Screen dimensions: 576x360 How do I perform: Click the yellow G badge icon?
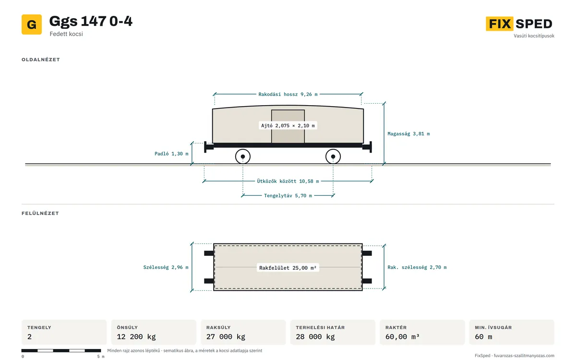point(32,24)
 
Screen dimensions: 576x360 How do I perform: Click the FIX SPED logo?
point(519,24)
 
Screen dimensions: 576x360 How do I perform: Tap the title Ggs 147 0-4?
point(91,21)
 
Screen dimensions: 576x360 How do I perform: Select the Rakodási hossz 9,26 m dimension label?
point(288,95)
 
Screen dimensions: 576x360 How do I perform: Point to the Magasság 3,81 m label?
point(408,134)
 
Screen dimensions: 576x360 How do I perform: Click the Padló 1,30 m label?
point(171,154)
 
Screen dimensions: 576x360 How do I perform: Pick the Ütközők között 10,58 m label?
point(288,181)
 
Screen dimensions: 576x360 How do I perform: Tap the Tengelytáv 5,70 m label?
point(288,196)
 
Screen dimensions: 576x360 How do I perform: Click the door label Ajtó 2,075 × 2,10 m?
point(288,126)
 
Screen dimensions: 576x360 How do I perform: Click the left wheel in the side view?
point(243,156)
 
